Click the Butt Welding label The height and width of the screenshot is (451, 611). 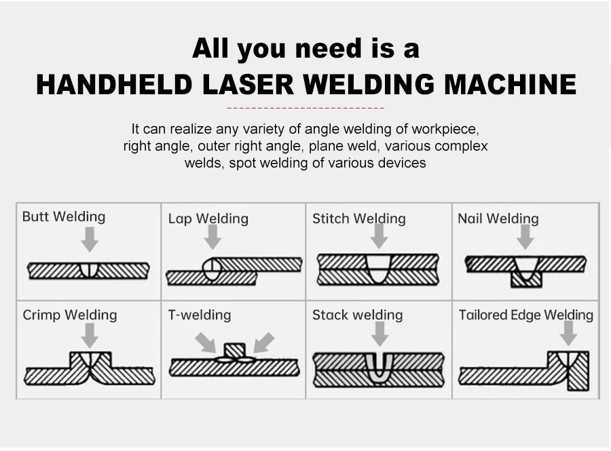(64, 217)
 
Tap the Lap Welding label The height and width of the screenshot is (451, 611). (208, 219)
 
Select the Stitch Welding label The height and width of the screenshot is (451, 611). (358, 218)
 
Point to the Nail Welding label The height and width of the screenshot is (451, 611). (498, 218)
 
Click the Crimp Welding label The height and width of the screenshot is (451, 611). (69, 315)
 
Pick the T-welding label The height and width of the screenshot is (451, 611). (199, 315)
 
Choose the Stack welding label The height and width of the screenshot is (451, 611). (357, 315)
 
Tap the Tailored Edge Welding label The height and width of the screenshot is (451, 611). (525, 315)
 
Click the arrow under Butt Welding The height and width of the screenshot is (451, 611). (89, 239)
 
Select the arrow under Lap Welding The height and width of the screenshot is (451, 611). (212, 237)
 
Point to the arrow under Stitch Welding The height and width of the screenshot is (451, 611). (379, 236)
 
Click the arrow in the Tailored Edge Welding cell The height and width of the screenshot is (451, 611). (568, 333)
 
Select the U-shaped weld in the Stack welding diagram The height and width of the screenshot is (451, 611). (378, 367)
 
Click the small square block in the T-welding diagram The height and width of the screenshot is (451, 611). (234, 350)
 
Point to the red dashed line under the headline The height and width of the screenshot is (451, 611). (305, 108)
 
